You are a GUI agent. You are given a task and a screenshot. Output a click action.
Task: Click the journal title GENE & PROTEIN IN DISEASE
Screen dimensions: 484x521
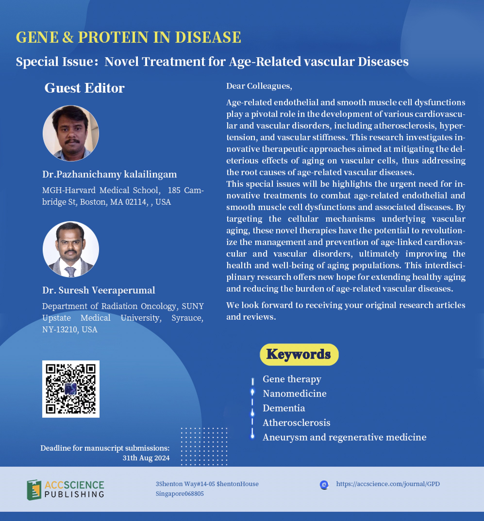(128, 37)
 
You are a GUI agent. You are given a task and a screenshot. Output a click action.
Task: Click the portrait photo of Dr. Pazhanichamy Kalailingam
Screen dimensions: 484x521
(71, 133)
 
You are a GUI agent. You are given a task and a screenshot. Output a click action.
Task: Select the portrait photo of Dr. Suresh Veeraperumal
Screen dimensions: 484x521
(71, 249)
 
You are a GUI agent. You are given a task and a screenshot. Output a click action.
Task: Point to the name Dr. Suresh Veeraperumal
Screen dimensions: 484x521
(99, 290)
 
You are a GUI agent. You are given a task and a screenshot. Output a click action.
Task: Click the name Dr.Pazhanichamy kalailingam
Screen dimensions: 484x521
(109, 174)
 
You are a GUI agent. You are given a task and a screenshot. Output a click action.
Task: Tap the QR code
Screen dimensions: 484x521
(71, 389)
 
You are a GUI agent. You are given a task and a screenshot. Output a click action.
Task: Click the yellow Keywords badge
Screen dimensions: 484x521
(299, 355)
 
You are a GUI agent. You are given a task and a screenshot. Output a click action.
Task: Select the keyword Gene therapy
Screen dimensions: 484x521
(292, 379)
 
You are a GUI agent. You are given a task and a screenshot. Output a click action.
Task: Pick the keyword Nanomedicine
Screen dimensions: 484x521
(295, 394)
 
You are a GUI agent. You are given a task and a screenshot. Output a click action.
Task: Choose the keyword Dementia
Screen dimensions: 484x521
(284, 408)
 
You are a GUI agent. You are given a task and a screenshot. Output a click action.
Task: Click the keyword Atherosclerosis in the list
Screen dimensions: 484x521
(296, 423)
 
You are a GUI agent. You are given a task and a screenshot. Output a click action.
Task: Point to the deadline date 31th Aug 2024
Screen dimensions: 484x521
(146, 458)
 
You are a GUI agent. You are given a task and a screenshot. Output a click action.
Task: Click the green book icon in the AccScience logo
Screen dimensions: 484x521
(34, 490)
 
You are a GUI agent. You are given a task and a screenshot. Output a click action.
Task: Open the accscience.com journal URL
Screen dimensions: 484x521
(388, 484)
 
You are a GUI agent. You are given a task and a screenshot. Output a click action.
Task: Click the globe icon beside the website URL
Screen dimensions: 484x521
(324, 485)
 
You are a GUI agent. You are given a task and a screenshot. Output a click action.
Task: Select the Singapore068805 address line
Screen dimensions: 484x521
(180, 494)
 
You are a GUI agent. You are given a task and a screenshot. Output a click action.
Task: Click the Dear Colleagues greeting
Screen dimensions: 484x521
(259, 86)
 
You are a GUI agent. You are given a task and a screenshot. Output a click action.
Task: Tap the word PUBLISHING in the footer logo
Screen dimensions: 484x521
(74, 494)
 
